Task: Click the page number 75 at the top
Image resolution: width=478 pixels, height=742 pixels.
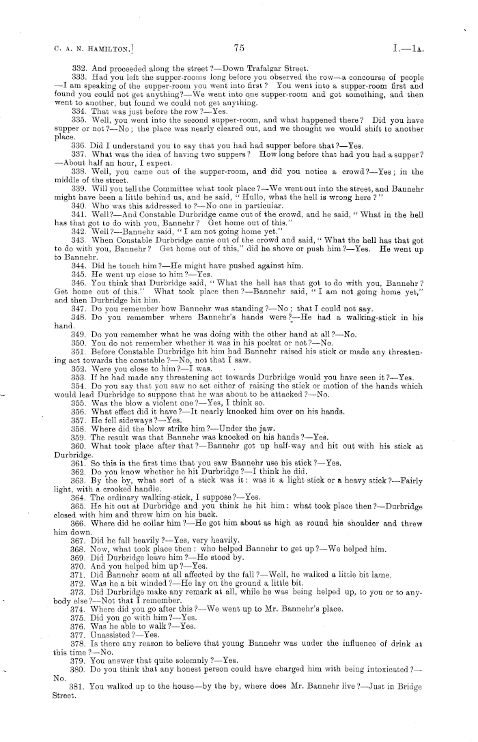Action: pos(238,47)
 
